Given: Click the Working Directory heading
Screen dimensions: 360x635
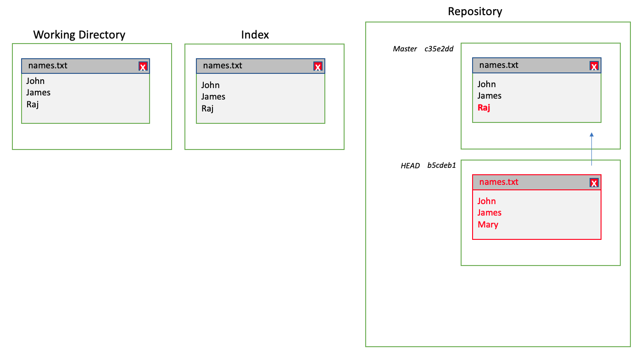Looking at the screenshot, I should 79,35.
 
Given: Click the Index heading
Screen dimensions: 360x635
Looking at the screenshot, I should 255,35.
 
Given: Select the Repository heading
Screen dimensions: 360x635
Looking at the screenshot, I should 475,11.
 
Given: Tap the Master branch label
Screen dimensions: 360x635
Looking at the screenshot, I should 405,49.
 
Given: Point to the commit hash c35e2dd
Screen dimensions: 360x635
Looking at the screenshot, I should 439,49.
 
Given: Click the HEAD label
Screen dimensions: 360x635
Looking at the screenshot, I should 410,166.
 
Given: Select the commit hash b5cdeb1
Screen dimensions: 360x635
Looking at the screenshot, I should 441,166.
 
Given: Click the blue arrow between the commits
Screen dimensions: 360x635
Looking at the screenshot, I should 591,149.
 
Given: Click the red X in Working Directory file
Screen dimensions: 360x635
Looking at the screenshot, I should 143,67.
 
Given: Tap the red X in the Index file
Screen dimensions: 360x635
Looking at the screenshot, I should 318,67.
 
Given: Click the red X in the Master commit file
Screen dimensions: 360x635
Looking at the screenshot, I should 594,66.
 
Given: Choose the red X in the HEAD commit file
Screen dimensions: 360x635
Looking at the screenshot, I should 594,183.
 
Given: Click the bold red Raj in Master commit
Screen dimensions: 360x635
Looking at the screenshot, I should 484,108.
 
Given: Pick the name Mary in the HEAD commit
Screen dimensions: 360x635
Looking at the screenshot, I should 488,225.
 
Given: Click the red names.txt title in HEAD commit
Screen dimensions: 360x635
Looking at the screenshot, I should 499,182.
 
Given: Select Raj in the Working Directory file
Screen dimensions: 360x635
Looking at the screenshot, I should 33,104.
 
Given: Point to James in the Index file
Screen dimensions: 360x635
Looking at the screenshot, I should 213,97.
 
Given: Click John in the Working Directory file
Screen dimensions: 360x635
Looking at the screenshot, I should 35,81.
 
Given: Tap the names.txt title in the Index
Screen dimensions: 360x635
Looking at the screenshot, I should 223,66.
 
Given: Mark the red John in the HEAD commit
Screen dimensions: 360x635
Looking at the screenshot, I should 486,201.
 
